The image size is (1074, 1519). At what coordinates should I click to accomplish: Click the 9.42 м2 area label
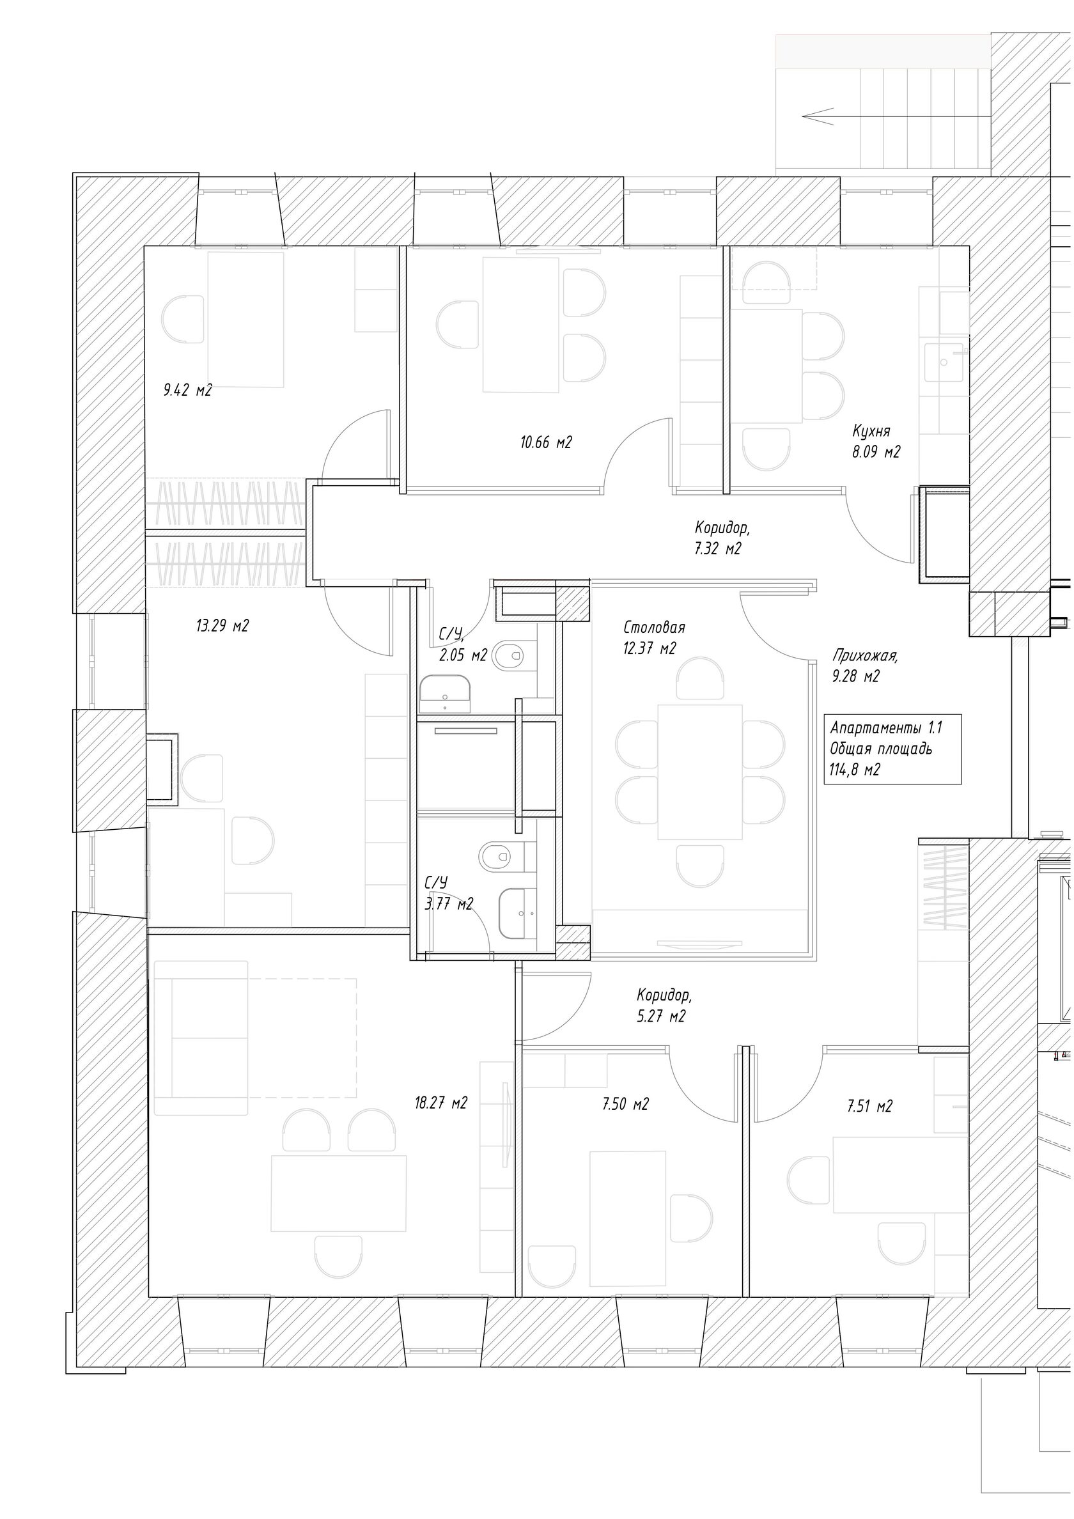coord(187,391)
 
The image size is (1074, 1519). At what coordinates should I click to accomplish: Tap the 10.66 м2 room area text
coord(545,442)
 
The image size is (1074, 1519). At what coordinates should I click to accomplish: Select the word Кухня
coord(871,432)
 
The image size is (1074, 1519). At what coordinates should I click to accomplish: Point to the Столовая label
coord(654,627)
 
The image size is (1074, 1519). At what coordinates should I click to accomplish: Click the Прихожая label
coord(865,657)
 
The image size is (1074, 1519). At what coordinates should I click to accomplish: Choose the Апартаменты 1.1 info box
coord(891,749)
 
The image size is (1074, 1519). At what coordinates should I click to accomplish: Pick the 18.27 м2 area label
coord(440,1103)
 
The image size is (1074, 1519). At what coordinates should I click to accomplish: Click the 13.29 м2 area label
coord(222,625)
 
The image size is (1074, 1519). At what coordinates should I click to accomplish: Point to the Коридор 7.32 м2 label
coord(721,538)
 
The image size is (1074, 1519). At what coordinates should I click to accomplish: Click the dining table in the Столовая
coord(700,772)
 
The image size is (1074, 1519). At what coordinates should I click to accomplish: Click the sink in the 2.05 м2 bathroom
coord(444,692)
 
